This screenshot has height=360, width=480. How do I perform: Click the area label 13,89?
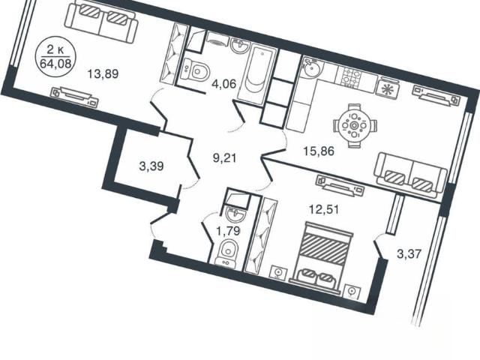point(103,73)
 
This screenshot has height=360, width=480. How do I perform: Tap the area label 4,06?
point(224,83)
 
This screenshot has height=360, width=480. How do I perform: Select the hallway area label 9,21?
point(225,158)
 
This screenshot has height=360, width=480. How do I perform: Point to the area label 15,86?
point(319,151)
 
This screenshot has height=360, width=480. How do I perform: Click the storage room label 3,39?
point(151,166)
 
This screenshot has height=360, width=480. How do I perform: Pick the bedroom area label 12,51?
point(324,210)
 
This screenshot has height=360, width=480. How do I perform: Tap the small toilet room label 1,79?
point(228,232)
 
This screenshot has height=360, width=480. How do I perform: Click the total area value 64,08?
point(55,64)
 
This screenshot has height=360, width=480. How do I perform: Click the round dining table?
point(355,125)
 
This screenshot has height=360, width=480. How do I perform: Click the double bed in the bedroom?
point(322,258)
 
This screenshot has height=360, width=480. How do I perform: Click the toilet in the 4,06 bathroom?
point(195,71)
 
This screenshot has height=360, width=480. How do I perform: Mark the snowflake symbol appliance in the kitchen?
point(388,89)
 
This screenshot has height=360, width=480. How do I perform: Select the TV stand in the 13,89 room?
point(75,97)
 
